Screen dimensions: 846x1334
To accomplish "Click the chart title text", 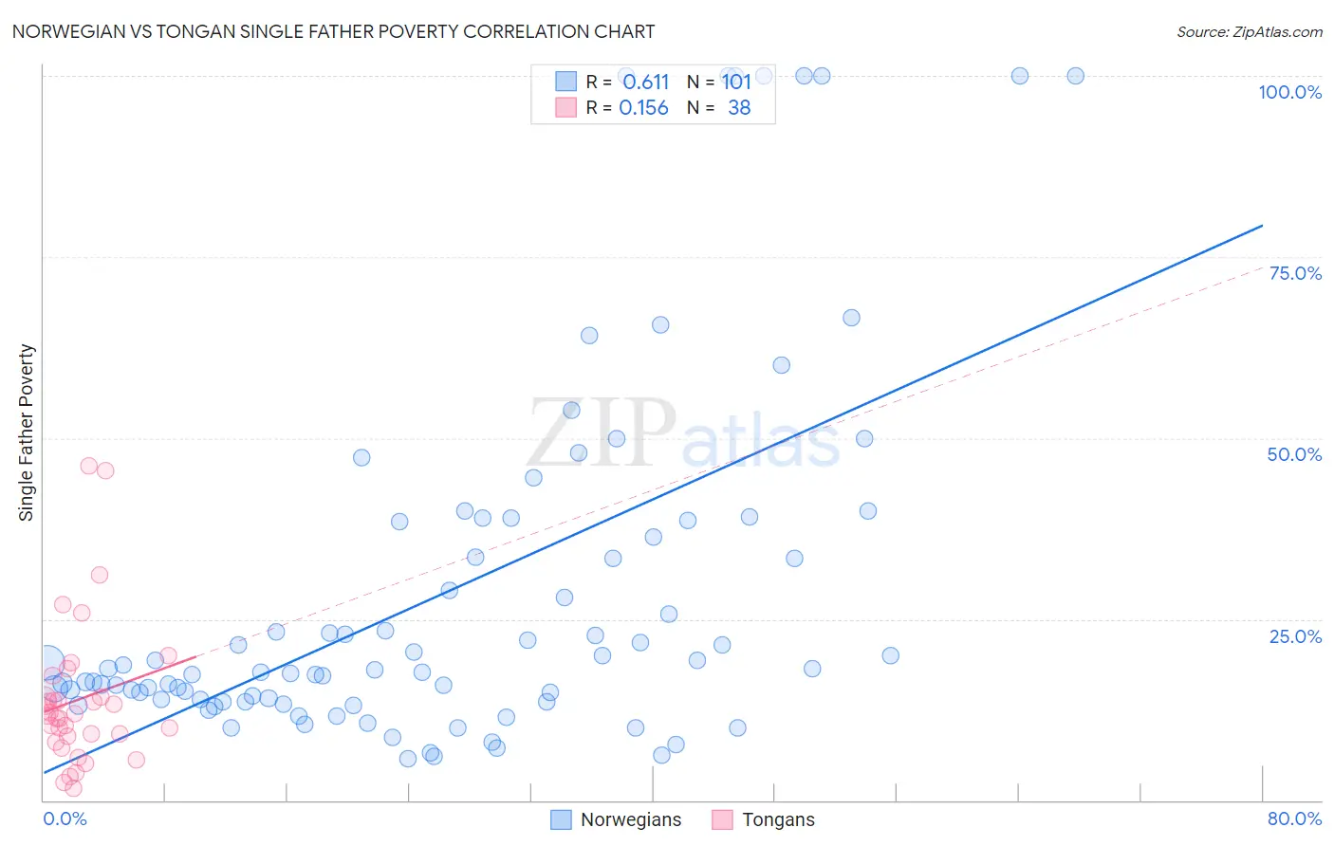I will pyautogui.click(x=333, y=31).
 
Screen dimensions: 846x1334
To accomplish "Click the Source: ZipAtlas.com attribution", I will pyautogui.click(x=1249, y=31).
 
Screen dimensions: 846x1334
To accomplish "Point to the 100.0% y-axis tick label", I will pyautogui.click(x=1289, y=92).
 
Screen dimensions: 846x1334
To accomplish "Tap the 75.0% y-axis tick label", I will pyautogui.click(x=1295, y=273).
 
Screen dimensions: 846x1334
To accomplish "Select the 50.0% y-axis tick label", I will pyautogui.click(x=1294, y=454).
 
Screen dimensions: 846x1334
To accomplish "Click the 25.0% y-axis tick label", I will pyautogui.click(x=1295, y=636).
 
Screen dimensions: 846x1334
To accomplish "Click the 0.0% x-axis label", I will pyautogui.click(x=65, y=818).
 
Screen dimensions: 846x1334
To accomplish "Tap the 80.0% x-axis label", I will pyautogui.click(x=1294, y=818).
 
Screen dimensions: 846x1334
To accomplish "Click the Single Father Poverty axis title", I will pyautogui.click(x=27, y=432).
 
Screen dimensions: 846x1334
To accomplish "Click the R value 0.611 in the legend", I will pyautogui.click(x=645, y=82).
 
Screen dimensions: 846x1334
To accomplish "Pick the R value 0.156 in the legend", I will pyautogui.click(x=643, y=108).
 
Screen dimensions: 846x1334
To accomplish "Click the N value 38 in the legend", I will pyautogui.click(x=739, y=108).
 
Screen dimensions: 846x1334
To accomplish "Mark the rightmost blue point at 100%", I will pyautogui.click(x=1075, y=76).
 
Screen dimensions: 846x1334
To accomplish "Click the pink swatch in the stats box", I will pyautogui.click(x=565, y=107).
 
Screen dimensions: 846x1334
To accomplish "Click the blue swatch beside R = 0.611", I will pyautogui.click(x=565, y=82).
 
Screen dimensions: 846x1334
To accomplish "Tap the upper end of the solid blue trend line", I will pyautogui.click(x=1262, y=226).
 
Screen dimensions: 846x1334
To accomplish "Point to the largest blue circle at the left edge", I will pyautogui.click(x=46, y=661).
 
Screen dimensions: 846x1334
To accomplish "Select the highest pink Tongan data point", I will pyautogui.click(x=88, y=466).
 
